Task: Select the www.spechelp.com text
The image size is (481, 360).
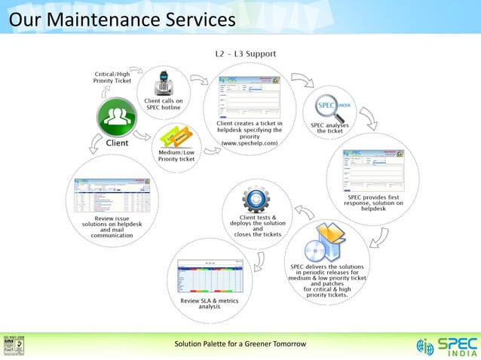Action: tap(248, 142)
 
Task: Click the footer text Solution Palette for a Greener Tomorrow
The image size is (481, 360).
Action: tap(240, 344)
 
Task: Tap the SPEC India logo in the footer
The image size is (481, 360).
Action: tap(446, 346)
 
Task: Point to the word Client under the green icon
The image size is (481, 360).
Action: tap(117, 142)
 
